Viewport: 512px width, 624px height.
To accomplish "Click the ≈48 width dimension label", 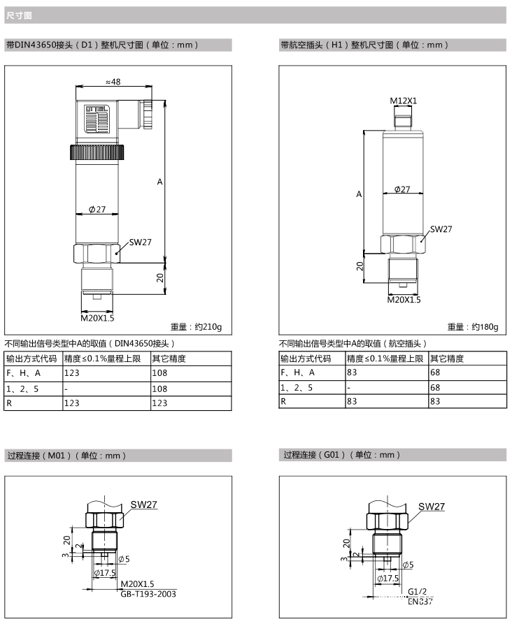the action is point(113,82).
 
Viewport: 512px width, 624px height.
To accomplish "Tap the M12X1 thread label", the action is point(403,101).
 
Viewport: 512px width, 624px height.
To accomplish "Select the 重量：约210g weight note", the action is point(196,327).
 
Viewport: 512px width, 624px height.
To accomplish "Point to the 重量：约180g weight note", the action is point(473,327).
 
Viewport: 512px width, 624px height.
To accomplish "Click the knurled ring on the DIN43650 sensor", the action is point(97,152).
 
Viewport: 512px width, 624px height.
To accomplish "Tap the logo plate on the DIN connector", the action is point(96,119).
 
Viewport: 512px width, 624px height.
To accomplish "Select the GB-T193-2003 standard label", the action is point(148,594).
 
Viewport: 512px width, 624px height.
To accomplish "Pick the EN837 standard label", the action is point(420,602).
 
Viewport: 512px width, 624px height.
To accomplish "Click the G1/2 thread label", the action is point(417,592).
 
